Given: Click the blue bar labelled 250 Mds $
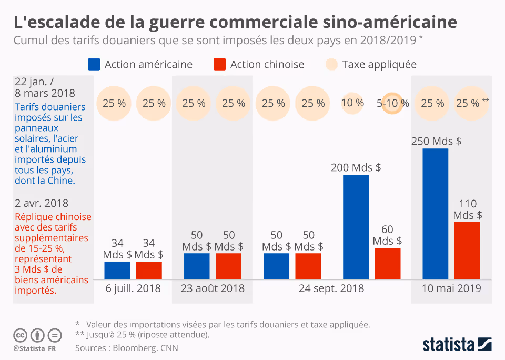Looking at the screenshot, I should pyautogui.click(x=436, y=214).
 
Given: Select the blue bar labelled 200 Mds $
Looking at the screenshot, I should pyautogui.click(x=356, y=227).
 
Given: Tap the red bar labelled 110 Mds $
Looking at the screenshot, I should pyautogui.click(x=467, y=251).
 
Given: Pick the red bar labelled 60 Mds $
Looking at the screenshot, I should pyautogui.click(x=388, y=263).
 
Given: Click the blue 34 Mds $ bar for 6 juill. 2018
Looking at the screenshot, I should pyautogui.click(x=117, y=270).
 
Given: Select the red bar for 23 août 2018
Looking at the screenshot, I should pyautogui.click(x=228, y=266).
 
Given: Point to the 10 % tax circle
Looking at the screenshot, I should pyautogui.click(x=352, y=103).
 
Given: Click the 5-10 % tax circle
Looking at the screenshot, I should pyautogui.click(x=392, y=104).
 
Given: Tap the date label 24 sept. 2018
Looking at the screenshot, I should pyautogui.click(x=331, y=288).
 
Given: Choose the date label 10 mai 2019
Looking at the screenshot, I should pyautogui.click(x=451, y=288).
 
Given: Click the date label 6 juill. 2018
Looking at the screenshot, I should pyautogui.click(x=133, y=288).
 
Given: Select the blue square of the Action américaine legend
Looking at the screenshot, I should pyautogui.click(x=94, y=64).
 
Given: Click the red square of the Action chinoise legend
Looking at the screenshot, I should pyautogui.click(x=220, y=64).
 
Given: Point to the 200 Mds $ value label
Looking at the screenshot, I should pyautogui.click(x=356, y=167).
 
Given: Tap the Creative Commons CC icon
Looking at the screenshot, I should pyautogui.click(x=20, y=335).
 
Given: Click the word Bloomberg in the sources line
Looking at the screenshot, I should pyautogui.click(x=132, y=348).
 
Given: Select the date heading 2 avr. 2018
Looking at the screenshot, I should pyautogui.click(x=42, y=203).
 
